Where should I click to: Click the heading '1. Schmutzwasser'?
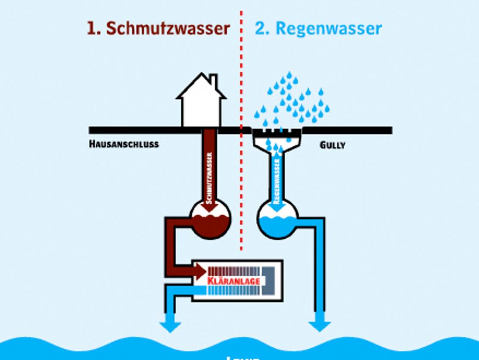pyautogui.click(x=158, y=28)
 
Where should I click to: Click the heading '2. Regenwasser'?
pyautogui.click(x=318, y=28)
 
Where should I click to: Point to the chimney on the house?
pyautogui.click(x=213, y=81)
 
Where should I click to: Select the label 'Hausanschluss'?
pyautogui.click(x=124, y=144)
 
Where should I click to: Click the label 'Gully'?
pyautogui.click(x=332, y=145)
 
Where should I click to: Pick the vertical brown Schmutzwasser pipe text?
pyautogui.click(x=210, y=177)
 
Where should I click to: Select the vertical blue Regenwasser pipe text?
pyautogui.click(x=277, y=179)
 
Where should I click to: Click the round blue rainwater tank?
pyautogui.click(x=277, y=220)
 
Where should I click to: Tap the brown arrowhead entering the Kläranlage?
pyautogui.click(x=200, y=272)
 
